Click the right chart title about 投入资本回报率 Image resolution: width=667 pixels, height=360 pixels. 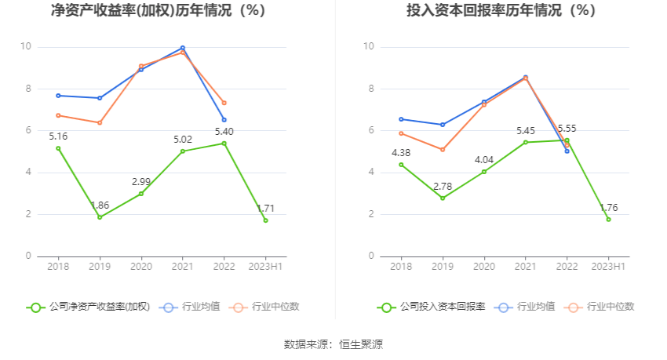(x=501, y=11)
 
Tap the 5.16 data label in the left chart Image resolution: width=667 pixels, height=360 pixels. (x=58, y=136)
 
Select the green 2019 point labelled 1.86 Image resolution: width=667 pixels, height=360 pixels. (x=100, y=217)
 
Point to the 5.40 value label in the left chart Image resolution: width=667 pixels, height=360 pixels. (x=224, y=131)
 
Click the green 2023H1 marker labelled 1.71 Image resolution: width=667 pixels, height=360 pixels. (x=266, y=220)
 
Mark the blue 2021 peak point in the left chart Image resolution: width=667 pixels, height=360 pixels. (x=183, y=48)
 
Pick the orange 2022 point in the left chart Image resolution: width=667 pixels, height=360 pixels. (x=224, y=103)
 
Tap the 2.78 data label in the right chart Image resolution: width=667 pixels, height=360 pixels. (x=443, y=186)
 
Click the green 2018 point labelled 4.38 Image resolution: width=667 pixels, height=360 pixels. (x=401, y=165)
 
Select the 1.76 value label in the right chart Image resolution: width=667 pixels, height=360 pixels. (x=609, y=208)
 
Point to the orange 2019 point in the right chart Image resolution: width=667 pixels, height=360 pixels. (x=443, y=149)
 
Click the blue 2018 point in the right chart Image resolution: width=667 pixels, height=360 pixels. (x=401, y=119)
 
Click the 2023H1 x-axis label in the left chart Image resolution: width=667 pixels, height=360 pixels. (x=266, y=267)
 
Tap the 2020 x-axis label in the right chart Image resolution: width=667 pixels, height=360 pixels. (x=484, y=267)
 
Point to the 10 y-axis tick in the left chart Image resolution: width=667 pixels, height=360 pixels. (x=26, y=47)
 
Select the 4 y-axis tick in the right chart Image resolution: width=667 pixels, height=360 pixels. (x=370, y=172)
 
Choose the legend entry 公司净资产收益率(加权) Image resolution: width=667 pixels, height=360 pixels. (x=89, y=307)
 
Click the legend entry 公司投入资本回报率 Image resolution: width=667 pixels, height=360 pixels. (x=432, y=307)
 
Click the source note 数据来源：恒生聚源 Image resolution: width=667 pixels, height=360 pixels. (x=333, y=344)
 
